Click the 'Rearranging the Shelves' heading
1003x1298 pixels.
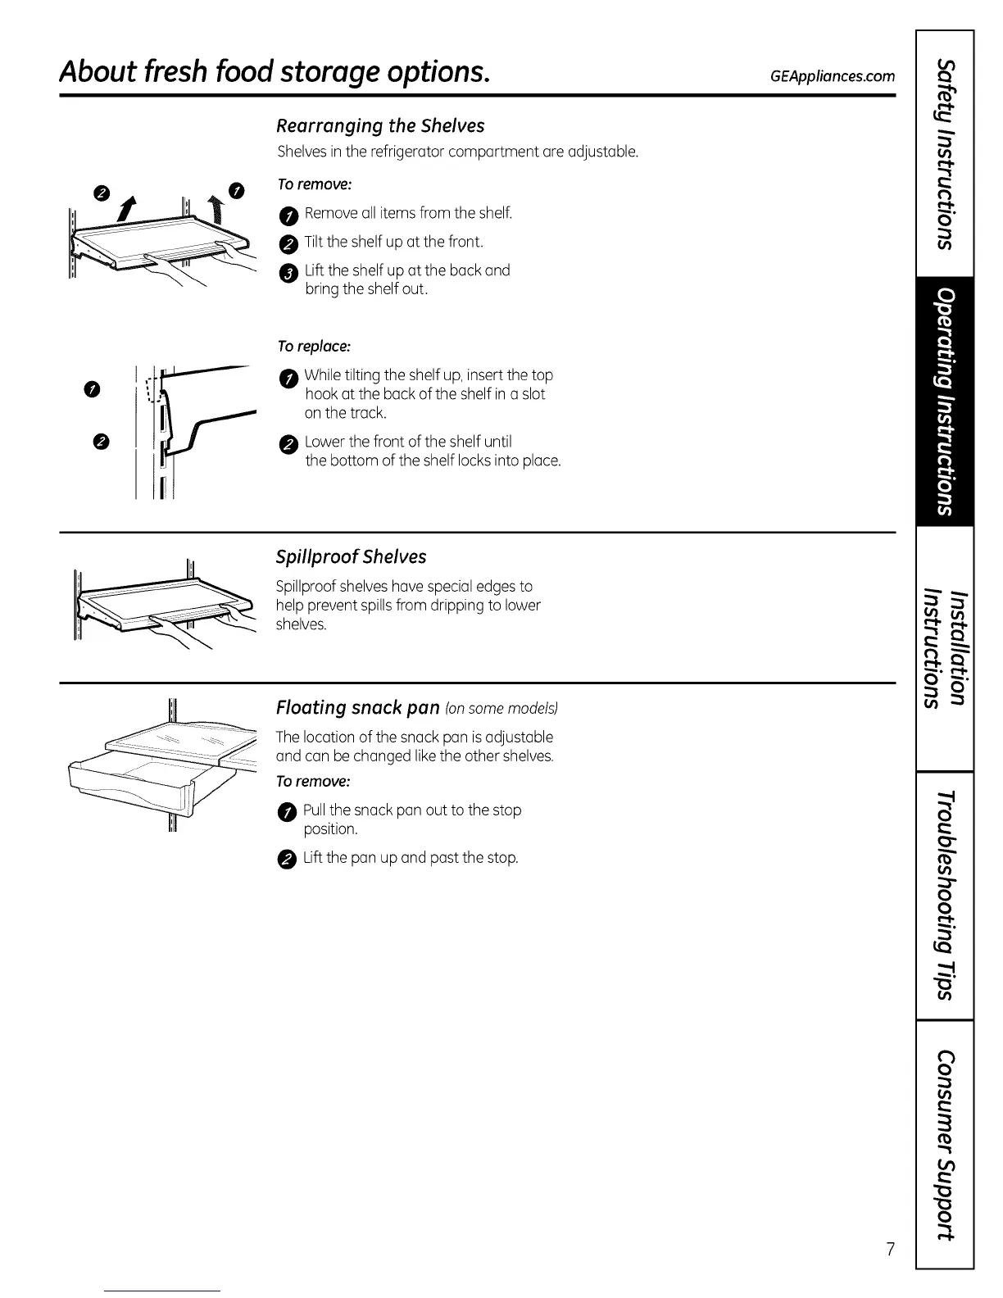tap(380, 125)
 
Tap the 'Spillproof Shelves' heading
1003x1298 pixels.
tap(351, 556)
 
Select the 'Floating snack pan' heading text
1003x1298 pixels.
tap(357, 707)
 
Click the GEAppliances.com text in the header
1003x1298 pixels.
tap(832, 76)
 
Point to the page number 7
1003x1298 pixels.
tap(889, 1249)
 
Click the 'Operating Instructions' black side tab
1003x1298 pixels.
tap(945, 401)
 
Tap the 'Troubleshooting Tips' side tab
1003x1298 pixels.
tap(945, 895)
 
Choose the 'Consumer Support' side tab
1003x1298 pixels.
tap(945, 1142)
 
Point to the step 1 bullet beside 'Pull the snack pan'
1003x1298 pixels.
tap(284, 812)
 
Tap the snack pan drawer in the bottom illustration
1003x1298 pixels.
tap(131, 783)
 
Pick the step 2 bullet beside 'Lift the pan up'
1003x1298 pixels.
tap(284, 859)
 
